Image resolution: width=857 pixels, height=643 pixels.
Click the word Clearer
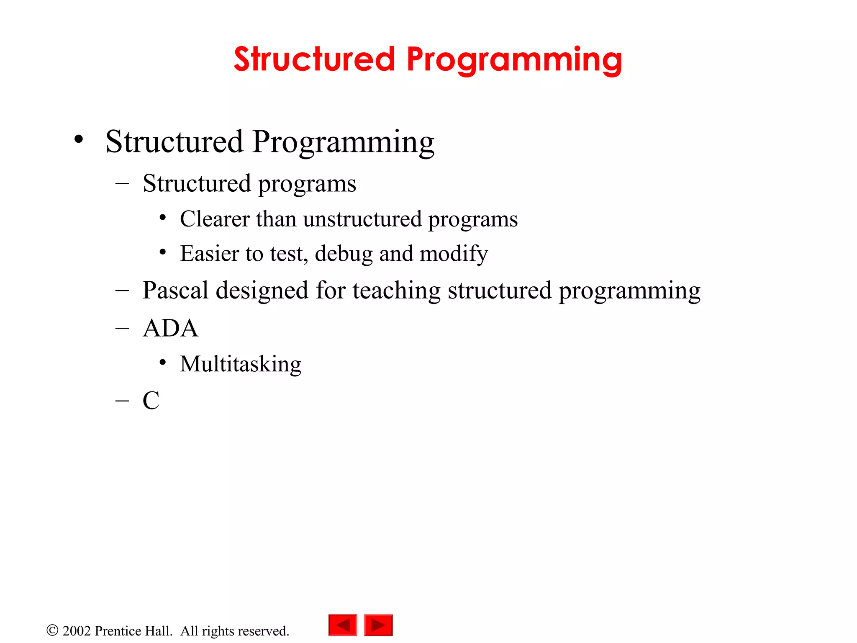pyautogui.click(x=214, y=219)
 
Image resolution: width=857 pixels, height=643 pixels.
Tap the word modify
pyautogui.click(x=454, y=254)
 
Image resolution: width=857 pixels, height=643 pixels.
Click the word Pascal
pyautogui.click(x=175, y=290)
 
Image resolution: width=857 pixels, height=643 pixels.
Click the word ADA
pyautogui.click(x=170, y=328)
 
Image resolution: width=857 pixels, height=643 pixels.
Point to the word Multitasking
pyautogui.click(x=240, y=364)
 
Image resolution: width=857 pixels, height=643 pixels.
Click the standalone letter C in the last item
pyautogui.click(x=151, y=401)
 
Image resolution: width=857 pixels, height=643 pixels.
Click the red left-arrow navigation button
pyautogui.click(x=343, y=625)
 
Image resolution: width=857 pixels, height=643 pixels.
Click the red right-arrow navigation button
pyautogui.click(x=378, y=625)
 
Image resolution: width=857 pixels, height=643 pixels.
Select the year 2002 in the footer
pyautogui.click(x=76, y=631)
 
